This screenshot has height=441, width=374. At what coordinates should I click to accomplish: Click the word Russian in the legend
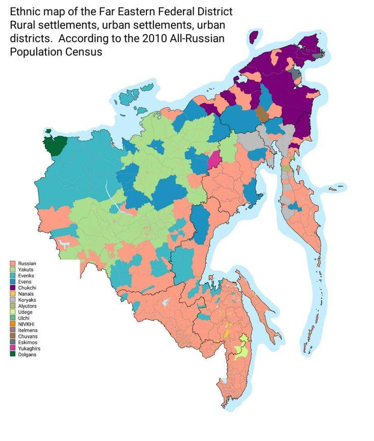click(x=27, y=264)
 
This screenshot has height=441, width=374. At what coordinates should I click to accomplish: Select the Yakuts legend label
click(x=26, y=270)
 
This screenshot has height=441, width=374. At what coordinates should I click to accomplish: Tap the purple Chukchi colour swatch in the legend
click(x=13, y=288)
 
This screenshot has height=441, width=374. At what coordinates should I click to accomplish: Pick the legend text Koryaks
click(x=27, y=300)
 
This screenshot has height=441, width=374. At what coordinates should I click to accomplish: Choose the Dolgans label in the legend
click(x=27, y=355)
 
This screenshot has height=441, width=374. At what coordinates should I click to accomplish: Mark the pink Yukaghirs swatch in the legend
click(x=13, y=349)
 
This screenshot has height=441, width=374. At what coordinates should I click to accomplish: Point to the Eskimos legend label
click(x=27, y=342)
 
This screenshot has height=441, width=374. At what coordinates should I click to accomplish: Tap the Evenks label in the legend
click(x=26, y=276)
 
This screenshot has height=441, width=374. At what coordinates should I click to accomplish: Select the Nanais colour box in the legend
click(x=13, y=294)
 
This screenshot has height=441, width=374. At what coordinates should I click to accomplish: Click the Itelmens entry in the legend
click(x=27, y=330)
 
